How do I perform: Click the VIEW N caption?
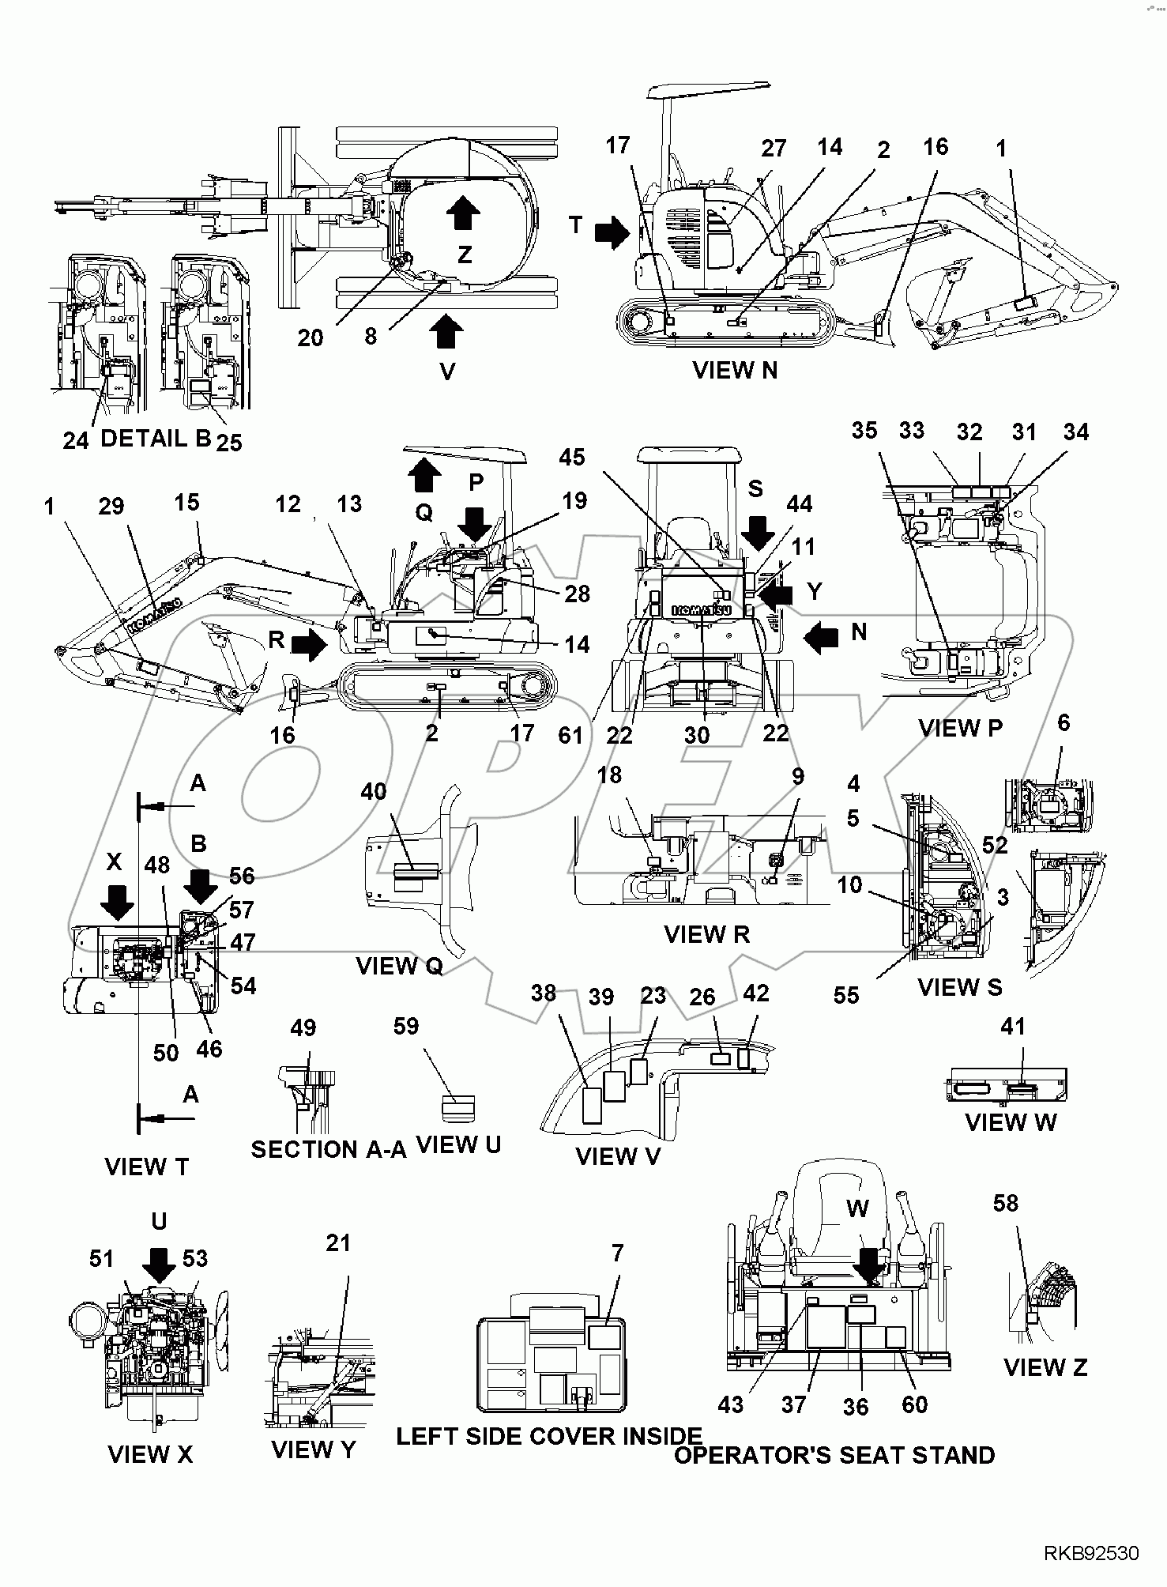point(734,370)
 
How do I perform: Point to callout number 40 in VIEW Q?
point(373,791)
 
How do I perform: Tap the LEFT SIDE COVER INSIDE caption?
point(548,1436)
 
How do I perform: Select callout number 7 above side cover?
point(617,1253)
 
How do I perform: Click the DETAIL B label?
point(155,439)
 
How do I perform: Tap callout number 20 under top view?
point(310,337)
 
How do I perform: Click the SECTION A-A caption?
point(328,1150)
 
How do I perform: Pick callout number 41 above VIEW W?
point(1012,1027)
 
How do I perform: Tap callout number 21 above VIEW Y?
point(337,1243)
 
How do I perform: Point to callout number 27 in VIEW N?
point(774,149)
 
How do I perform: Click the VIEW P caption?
point(960,728)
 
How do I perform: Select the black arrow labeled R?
point(309,644)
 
